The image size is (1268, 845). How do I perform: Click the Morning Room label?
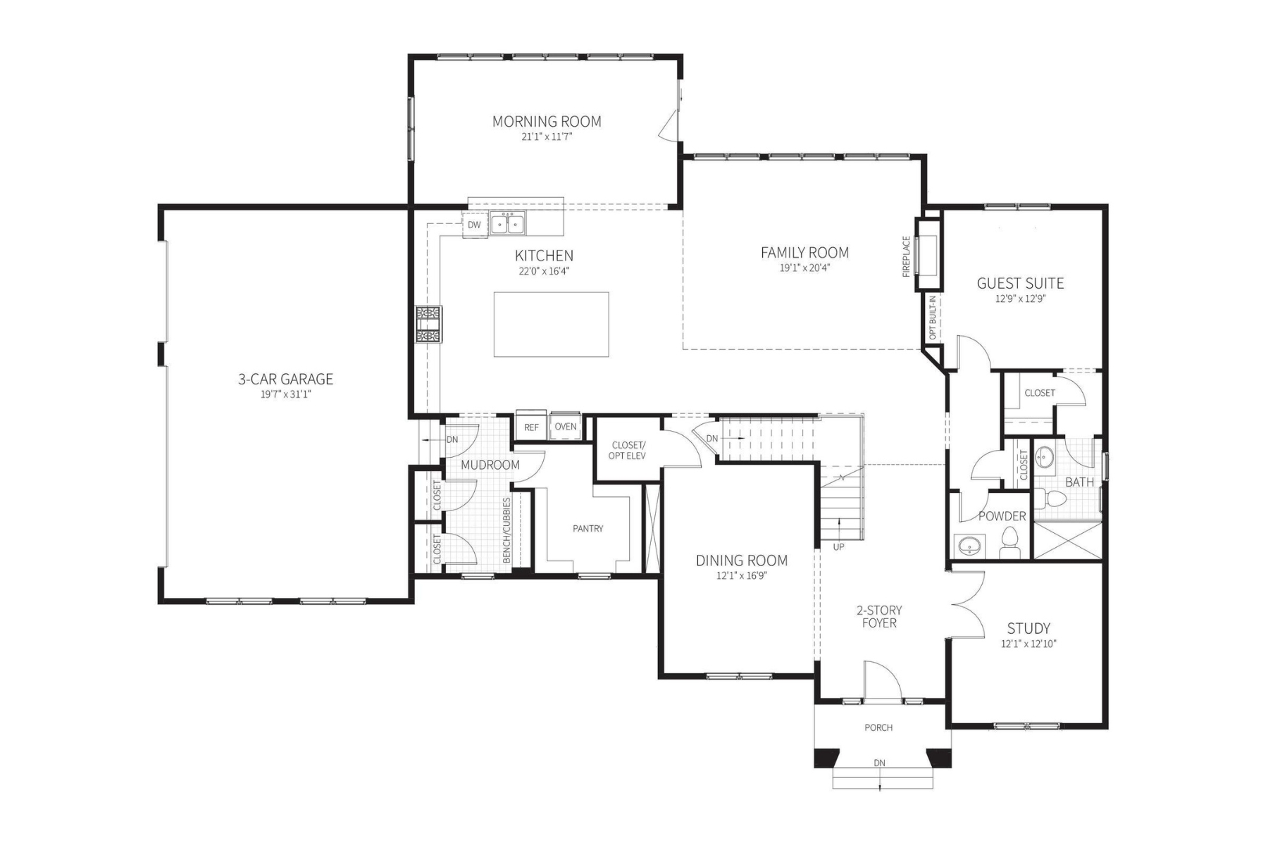[547, 122]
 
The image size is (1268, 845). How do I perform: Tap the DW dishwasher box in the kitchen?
[474, 225]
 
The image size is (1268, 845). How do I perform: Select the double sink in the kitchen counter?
[508, 224]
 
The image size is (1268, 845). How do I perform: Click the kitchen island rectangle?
[551, 325]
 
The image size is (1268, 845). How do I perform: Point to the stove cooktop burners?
[428, 325]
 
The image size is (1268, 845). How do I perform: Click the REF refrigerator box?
[531, 427]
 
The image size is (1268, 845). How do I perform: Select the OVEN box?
[565, 426]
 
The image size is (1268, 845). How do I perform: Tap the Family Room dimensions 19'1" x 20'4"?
[804, 268]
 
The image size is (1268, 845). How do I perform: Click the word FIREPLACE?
[907, 256]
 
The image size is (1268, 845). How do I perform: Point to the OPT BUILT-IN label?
[933, 318]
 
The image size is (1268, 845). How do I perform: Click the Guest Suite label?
[1020, 284]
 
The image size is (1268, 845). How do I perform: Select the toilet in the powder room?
[1010, 542]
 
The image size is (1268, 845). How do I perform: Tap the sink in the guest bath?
[1043, 458]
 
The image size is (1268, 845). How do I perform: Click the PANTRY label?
[588, 529]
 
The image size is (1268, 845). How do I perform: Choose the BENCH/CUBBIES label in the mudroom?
[506, 530]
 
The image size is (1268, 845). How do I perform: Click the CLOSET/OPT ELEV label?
[627, 450]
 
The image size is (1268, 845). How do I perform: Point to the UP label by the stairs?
[838, 546]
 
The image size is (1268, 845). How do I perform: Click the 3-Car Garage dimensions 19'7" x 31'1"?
[285, 395]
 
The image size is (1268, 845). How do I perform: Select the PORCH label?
[878, 727]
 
